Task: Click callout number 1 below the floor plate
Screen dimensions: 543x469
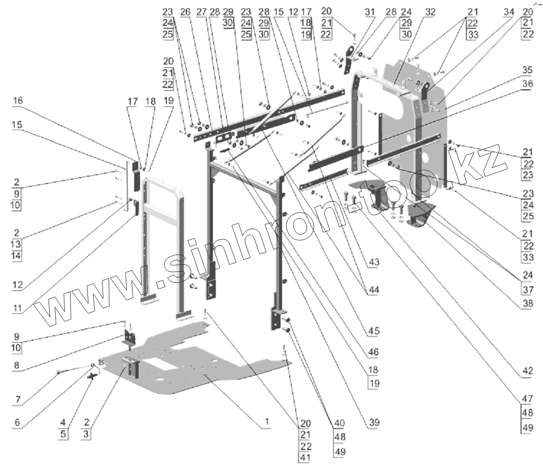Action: tap(267, 422)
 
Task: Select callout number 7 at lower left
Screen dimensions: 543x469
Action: tap(18, 400)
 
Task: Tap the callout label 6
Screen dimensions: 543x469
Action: tap(17, 422)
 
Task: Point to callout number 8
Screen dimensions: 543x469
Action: tap(17, 365)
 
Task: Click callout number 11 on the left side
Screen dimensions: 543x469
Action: tap(17, 307)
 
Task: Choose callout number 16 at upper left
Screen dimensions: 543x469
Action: tap(18, 101)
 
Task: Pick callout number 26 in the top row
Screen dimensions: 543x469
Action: tap(185, 12)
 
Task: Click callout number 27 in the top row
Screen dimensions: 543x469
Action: tap(201, 12)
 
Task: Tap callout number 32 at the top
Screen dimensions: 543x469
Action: tap(430, 12)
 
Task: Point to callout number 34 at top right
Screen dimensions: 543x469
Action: tap(509, 12)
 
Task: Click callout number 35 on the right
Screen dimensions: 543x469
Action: tap(527, 70)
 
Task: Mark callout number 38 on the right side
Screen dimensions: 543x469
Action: tap(528, 304)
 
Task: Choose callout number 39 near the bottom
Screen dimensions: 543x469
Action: tap(374, 422)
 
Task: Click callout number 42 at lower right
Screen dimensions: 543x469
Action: tap(527, 371)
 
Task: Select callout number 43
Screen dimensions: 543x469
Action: tap(374, 262)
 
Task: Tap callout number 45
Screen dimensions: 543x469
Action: tap(374, 331)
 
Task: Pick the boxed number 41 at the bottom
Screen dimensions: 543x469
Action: tap(305, 457)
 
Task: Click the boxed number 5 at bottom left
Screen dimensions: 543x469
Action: tap(62, 434)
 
